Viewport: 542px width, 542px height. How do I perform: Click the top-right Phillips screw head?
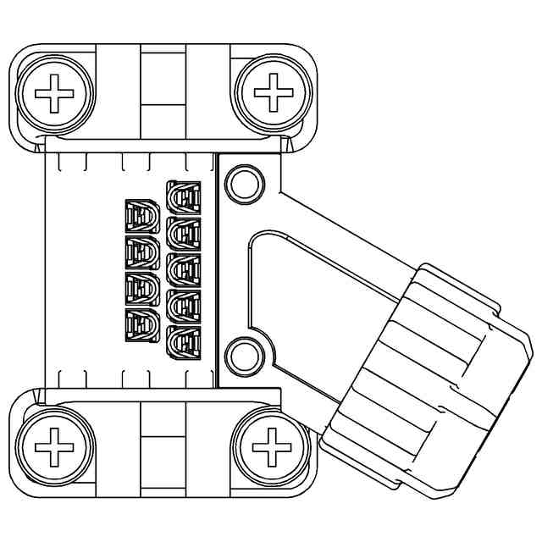[273, 92]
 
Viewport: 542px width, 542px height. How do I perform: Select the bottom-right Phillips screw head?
[272, 446]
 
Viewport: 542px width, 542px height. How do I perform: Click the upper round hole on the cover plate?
[245, 183]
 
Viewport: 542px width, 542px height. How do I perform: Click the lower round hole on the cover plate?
[245, 355]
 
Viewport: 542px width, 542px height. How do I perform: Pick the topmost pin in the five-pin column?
[185, 199]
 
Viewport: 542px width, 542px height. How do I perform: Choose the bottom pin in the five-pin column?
[185, 343]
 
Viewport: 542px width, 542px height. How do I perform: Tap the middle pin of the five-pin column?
[185, 271]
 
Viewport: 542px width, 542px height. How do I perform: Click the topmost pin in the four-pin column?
[142, 217]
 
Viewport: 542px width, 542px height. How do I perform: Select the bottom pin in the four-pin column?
[142, 326]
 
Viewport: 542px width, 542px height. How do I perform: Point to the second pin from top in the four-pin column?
[142, 253]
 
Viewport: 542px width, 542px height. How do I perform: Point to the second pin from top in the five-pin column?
[185, 235]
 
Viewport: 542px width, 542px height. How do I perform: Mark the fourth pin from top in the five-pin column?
[185, 307]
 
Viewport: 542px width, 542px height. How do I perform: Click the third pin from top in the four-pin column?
[142, 290]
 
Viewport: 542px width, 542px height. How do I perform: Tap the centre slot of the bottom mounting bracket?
[163, 450]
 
